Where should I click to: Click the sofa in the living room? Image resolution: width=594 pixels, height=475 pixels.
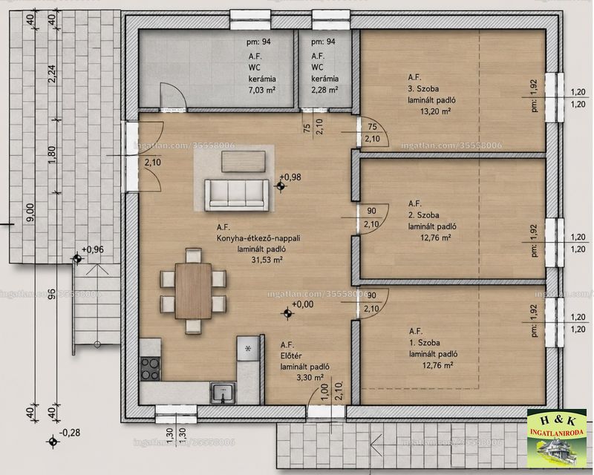[236, 194]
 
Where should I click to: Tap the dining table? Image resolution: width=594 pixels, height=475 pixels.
[193, 291]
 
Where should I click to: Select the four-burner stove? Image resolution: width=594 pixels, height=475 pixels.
[151, 369]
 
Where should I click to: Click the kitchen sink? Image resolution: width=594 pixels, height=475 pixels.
[223, 393]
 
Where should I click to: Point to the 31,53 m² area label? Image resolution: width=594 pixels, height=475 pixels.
[267, 260]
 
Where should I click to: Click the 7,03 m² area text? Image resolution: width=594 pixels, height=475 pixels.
[262, 90]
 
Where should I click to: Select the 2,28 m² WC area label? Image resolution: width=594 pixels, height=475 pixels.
[324, 90]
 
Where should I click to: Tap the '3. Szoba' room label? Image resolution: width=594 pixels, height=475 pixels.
[423, 88]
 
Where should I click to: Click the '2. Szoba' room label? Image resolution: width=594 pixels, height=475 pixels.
[423, 214]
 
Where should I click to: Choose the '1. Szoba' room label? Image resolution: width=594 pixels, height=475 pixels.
[424, 342]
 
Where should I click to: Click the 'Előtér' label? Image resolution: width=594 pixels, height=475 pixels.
[291, 356]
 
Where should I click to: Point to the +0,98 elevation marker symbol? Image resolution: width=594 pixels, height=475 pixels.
[281, 186]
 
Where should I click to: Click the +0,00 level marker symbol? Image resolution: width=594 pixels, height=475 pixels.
[287, 313]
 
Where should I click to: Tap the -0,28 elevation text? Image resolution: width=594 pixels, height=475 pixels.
[70, 433]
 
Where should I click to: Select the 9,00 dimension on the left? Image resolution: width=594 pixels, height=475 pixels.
[30, 213]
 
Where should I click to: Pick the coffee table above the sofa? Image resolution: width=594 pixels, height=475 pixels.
[244, 161]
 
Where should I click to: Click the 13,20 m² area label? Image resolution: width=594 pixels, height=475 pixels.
[435, 111]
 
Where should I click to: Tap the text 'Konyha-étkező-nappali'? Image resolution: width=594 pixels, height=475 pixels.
[258, 238]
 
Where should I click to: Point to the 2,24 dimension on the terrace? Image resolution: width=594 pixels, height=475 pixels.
[52, 74]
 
